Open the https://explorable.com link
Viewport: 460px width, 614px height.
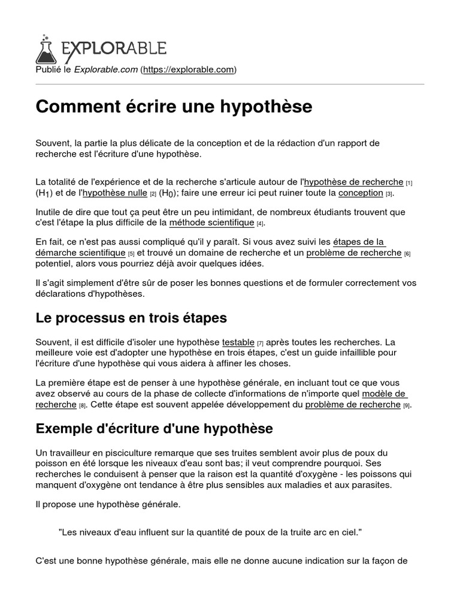pos(189,70)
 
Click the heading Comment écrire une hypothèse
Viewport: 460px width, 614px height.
pos(174,106)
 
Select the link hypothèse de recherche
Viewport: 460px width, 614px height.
pos(353,181)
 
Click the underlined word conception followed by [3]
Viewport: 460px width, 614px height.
pos(361,192)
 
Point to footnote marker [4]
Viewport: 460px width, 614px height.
pos(260,224)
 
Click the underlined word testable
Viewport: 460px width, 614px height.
pos(238,341)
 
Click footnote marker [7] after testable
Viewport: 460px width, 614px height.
pos(261,343)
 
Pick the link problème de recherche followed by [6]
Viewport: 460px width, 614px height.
pos(354,252)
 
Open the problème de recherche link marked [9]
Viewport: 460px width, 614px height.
pos(353,404)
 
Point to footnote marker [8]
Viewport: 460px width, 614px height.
pos(83,406)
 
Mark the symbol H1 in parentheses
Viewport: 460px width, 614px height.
pos(45,194)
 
